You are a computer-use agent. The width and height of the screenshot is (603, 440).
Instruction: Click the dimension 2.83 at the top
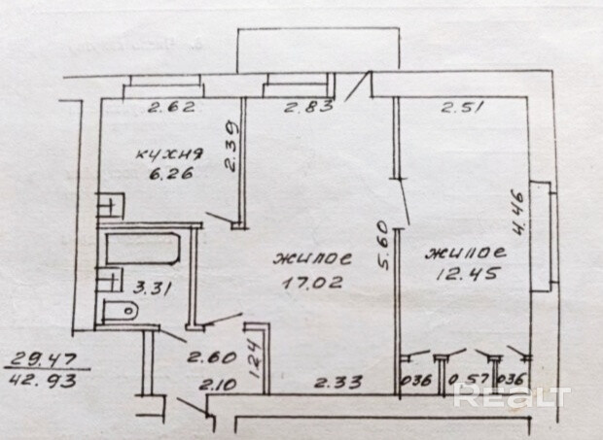pos(302,108)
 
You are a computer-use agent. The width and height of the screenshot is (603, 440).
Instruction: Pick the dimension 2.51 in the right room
pos(462,108)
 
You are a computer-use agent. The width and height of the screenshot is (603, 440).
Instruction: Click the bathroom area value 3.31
pos(148,288)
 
